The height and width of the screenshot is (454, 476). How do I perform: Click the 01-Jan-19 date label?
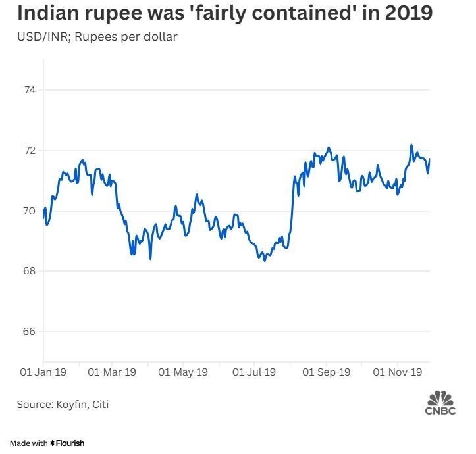point(43,372)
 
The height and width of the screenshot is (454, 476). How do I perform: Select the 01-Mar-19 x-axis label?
point(111,372)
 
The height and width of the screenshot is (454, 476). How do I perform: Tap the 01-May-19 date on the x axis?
point(183,372)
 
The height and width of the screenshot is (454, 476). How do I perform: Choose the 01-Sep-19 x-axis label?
point(327,372)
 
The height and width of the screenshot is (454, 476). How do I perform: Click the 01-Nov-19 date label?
point(398,372)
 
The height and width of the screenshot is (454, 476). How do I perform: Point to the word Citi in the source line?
point(100,405)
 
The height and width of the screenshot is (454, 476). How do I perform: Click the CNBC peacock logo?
point(440,399)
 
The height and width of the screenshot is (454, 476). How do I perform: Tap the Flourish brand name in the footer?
point(70,443)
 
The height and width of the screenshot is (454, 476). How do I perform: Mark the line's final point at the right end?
point(429,159)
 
